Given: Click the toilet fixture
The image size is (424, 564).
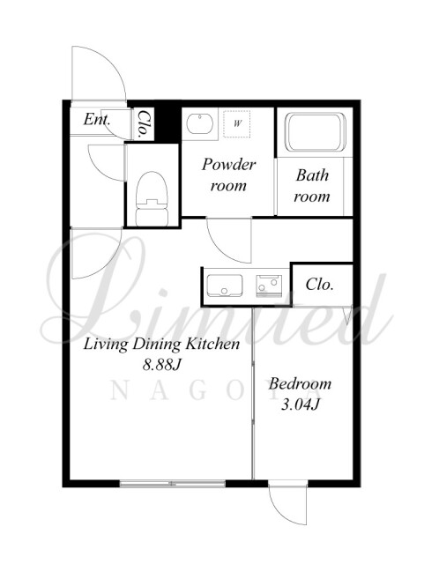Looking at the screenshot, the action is (152, 198).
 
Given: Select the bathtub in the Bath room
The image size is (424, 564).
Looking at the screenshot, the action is (316, 132).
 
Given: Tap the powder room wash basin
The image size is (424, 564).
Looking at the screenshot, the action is (199, 123).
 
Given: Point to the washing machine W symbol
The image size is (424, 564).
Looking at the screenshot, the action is (237, 123).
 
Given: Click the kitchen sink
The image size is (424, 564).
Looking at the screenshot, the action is (224, 286).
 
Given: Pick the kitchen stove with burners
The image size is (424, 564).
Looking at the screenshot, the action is (269, 286).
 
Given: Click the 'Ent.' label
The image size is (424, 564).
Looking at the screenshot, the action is (96, 120).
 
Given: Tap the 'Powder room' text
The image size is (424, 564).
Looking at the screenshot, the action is (228, 175).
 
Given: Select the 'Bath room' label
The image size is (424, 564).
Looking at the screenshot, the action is (312, 186).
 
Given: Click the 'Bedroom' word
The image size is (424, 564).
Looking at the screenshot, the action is (300, 384).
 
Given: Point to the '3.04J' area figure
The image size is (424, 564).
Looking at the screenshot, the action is (301, 405).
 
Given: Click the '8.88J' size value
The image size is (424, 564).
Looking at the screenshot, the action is (161, 365).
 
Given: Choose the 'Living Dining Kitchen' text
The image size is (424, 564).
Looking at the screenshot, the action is (161, 345).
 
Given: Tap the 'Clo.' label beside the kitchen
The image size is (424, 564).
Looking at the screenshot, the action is (320, 285).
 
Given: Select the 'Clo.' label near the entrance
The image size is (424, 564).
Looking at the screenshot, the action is (144, 124).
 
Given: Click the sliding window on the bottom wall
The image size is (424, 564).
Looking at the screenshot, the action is (173, 484).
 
